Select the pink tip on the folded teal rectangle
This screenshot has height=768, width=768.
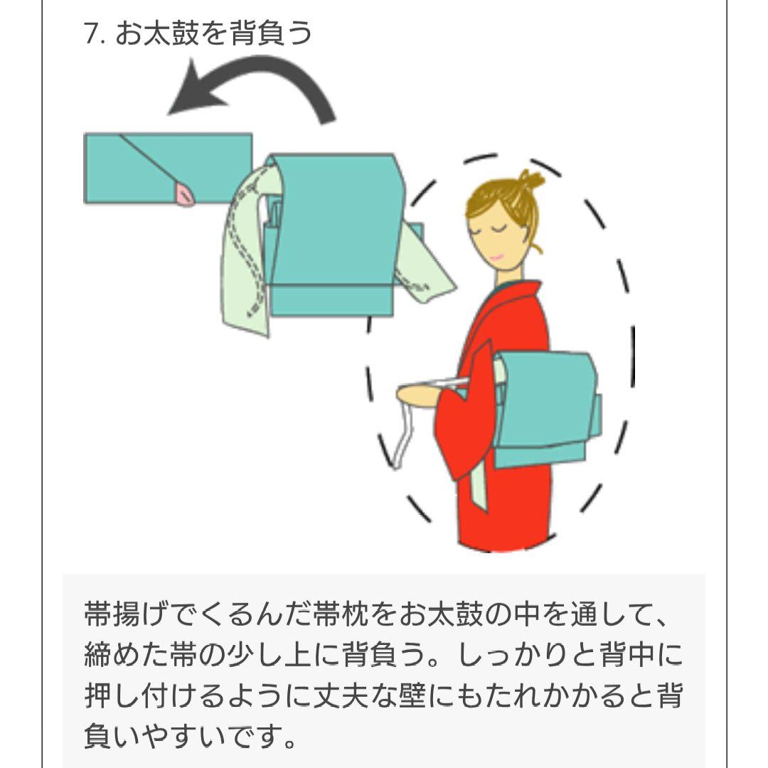(185, 193)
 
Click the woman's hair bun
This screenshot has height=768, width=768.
(529, 180)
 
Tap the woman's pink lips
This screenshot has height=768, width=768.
(496, 257)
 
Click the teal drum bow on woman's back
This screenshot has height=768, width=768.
(545, 405)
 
